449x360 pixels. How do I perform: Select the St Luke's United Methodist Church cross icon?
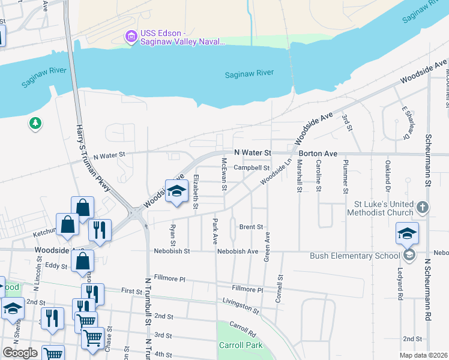423,208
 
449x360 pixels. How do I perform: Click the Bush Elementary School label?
354,256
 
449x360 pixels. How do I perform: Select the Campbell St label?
252,168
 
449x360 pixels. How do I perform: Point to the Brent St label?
252,227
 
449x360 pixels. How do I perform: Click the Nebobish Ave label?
238,251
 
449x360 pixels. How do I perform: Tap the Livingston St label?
240,305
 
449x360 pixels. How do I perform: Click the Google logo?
20,353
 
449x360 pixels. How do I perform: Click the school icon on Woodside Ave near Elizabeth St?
176,191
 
